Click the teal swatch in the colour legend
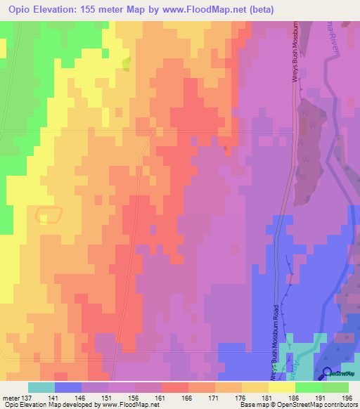point(41,387)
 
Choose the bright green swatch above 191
point(308,387)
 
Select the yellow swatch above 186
point(281,387)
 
